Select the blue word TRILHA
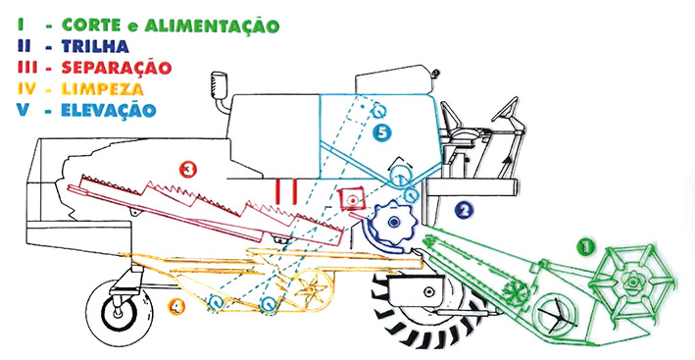(x=95, y=45)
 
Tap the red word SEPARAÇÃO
(x=116, y=68)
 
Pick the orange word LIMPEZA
(x=101, y=89)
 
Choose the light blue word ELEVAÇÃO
(x=107, y=109)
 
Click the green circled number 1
(x=585, y=248)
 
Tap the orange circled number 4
(x=175, y=308)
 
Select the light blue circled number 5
(x=384, y=131)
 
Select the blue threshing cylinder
(x=392, y=224)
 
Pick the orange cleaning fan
(x=312, y=290)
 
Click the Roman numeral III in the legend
(x=19, y=67)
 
